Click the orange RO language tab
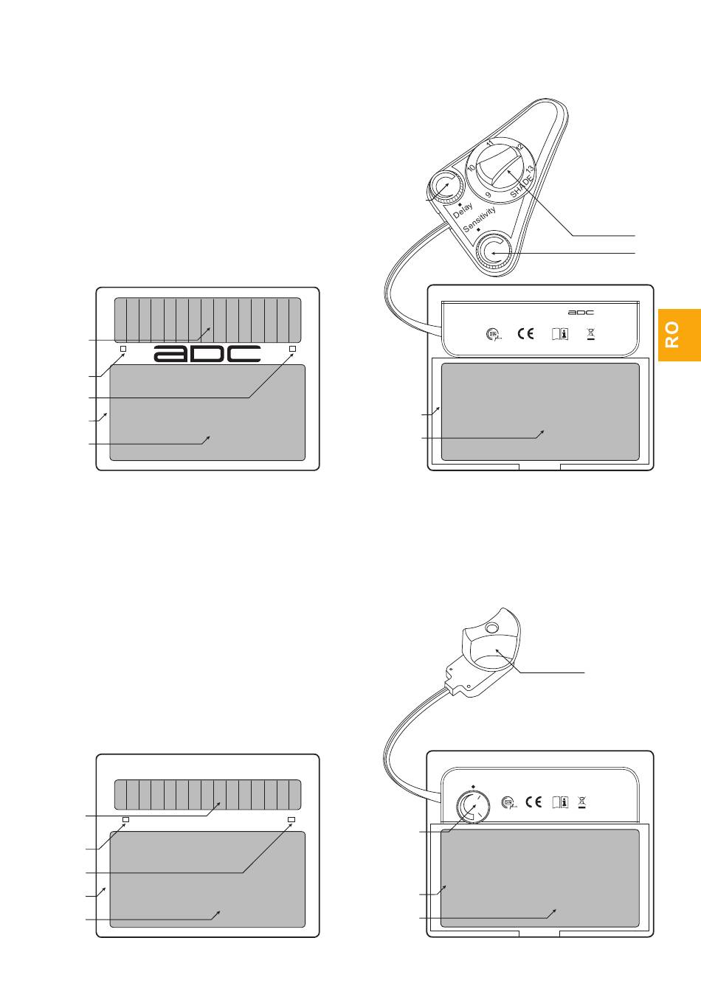(x=680, y=335)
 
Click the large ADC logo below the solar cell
(x=207, y=354)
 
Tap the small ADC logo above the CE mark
(x=581, y=313)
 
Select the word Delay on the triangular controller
(x=463, y=210)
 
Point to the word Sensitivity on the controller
(x=479, y=219)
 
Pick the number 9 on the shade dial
(x=488, y=195)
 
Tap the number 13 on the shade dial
(x=530, y=169)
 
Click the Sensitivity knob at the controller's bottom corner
(x=493, y=252)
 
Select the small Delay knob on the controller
(x=445, y=189)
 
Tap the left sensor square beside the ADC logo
(x=123, y=349)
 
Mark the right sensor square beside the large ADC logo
(x=292, y=349)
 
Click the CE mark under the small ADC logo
(x=525, y=333)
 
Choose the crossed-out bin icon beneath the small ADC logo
(x=591, y=334)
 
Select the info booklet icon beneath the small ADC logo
(x=560, y=334)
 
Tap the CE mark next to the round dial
(x=533, y=802)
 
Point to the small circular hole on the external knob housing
(x=492, y=628)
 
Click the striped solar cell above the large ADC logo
(x=208, y=320)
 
